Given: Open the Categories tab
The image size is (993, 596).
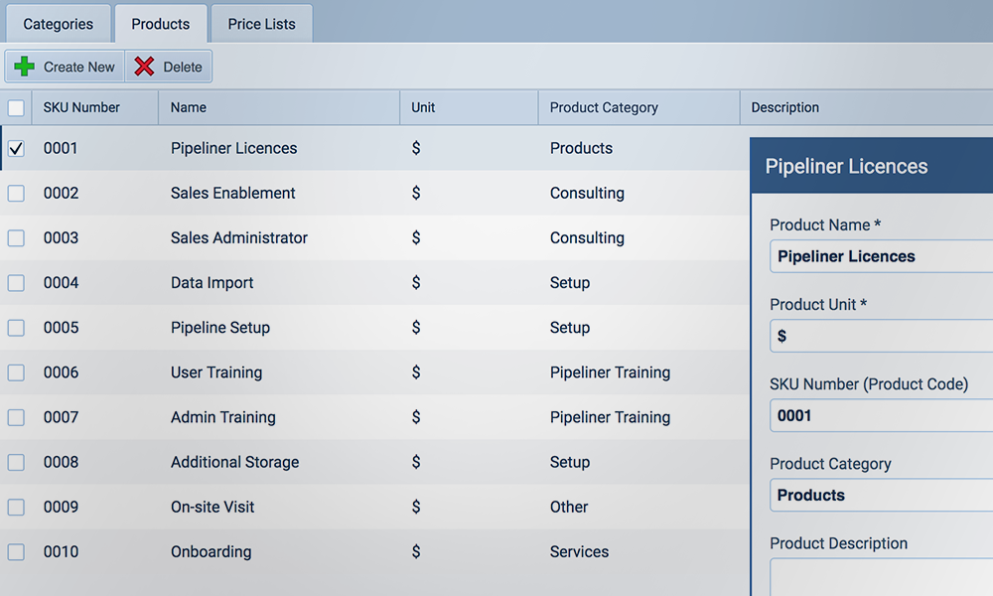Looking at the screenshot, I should click(58, 24).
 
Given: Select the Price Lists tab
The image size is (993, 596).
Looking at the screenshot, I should click(261, 24).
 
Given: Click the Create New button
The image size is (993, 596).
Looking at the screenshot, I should click(66, 67).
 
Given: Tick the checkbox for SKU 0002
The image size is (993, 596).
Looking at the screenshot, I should click(16, 194).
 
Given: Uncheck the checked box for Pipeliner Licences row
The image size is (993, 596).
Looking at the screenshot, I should click(16, 149).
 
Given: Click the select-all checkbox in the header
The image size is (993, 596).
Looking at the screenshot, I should click(16, 107).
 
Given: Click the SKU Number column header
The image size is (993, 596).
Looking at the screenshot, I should click(81, 107).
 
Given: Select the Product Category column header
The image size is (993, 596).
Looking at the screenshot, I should click(604, 107).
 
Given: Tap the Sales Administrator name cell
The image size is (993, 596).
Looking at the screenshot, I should click(239, 238).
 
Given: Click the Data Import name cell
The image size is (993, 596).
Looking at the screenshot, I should click(213, 283).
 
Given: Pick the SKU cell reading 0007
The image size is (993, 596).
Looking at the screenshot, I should click(61, 417).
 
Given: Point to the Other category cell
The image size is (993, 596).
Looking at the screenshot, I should click(569, 507).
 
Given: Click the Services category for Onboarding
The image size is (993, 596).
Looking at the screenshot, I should click(579, 551).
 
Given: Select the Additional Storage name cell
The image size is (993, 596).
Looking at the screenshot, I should click(234, 462).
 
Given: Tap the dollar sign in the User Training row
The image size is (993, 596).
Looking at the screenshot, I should click(416, 372).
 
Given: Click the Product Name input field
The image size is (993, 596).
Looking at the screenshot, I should click(882, 256).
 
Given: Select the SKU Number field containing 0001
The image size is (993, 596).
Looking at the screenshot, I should click(882, 415).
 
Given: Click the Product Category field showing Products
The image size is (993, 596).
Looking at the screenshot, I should click(882, 495).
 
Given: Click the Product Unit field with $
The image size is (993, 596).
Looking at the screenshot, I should click(882, 336).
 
